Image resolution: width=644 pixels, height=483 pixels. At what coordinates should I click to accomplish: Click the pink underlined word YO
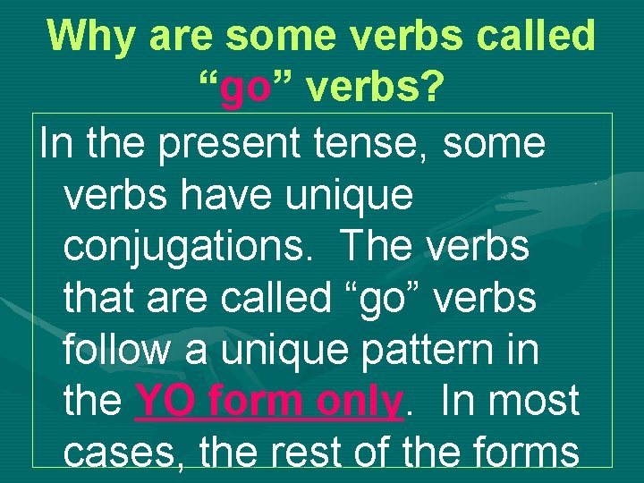pos(165,402)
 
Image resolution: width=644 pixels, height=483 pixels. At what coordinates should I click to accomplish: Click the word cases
pos(124,453)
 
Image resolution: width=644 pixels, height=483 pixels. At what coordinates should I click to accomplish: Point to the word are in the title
pos(183,36)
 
